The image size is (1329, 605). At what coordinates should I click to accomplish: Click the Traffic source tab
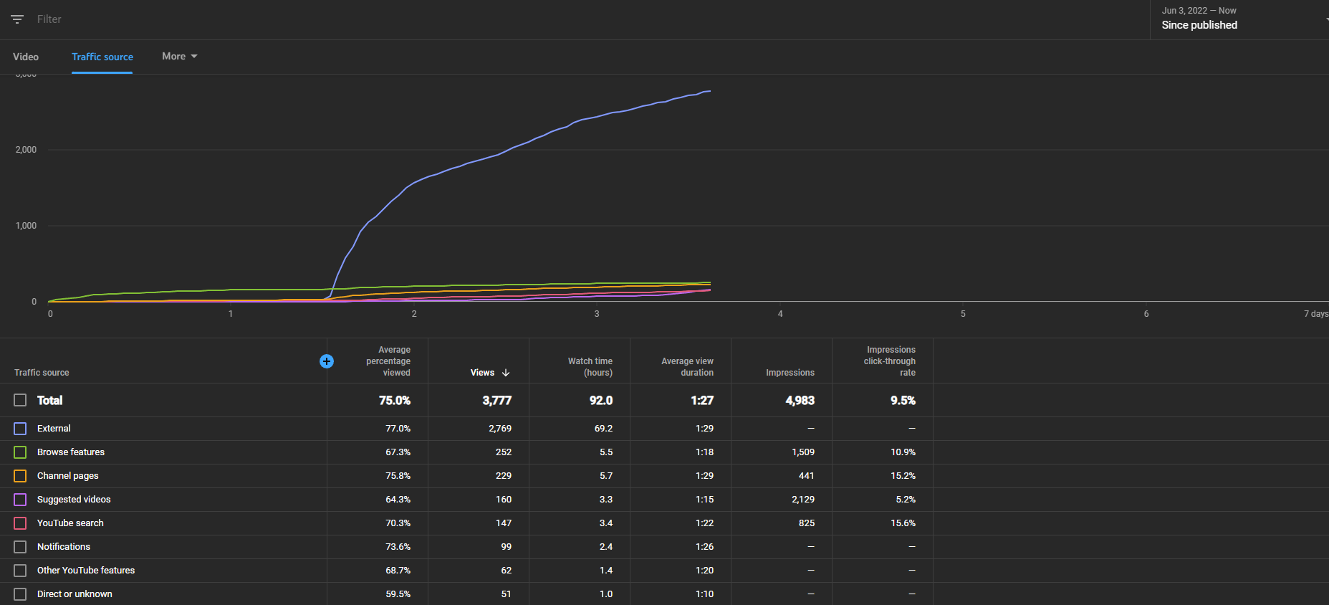[102, 57]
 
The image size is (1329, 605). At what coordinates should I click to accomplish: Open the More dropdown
[179, 56]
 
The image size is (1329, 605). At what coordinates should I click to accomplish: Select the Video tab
[26, 57]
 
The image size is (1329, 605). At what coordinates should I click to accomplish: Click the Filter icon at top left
[17, 19]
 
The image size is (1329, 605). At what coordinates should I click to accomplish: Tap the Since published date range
[1199, 25]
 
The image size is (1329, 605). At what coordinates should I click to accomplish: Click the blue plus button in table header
[327, 361]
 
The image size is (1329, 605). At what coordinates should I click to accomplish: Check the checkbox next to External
[20, 429]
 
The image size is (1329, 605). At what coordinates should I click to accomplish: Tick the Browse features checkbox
[20, 452]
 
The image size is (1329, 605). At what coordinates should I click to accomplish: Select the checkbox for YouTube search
[20, 523]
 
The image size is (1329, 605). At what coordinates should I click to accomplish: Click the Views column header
[490, 373]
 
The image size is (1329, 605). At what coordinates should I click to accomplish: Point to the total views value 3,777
[497, 401]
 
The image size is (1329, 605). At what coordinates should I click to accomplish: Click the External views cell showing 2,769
[500, 429]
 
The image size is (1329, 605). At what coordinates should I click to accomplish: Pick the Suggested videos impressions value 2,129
[803, 500]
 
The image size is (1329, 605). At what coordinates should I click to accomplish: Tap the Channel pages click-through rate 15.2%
[903, 476]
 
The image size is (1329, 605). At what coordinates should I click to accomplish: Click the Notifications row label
[64, 547]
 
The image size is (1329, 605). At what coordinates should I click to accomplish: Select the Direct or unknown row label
[75, 594]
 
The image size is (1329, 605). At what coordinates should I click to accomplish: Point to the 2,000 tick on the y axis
[26, 150]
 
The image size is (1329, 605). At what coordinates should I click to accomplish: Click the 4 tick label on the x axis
[780, 314]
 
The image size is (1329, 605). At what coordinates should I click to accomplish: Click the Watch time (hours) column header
[590, 367]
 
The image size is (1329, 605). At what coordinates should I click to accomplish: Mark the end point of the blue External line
[710, 91]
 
